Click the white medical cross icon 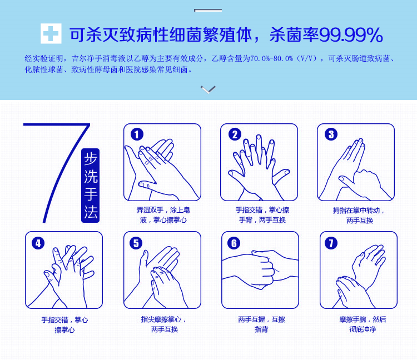[51, 33]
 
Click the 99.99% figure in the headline [351, 35]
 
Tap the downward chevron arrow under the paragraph [209, 89]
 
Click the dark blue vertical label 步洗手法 [91, 186]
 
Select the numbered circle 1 [137, 134]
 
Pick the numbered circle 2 [235, 134]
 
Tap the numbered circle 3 [331, 134]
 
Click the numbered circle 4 [38, 243]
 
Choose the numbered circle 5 [136, 243]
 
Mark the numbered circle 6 [234, 243]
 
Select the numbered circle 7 [331, 243]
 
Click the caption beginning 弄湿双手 [163, 215]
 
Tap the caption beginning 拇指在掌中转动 [359, 216]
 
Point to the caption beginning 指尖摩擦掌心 [164, 324]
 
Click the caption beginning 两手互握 [261, 324]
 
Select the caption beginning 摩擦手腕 [363, 324]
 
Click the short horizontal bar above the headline [208, 10]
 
